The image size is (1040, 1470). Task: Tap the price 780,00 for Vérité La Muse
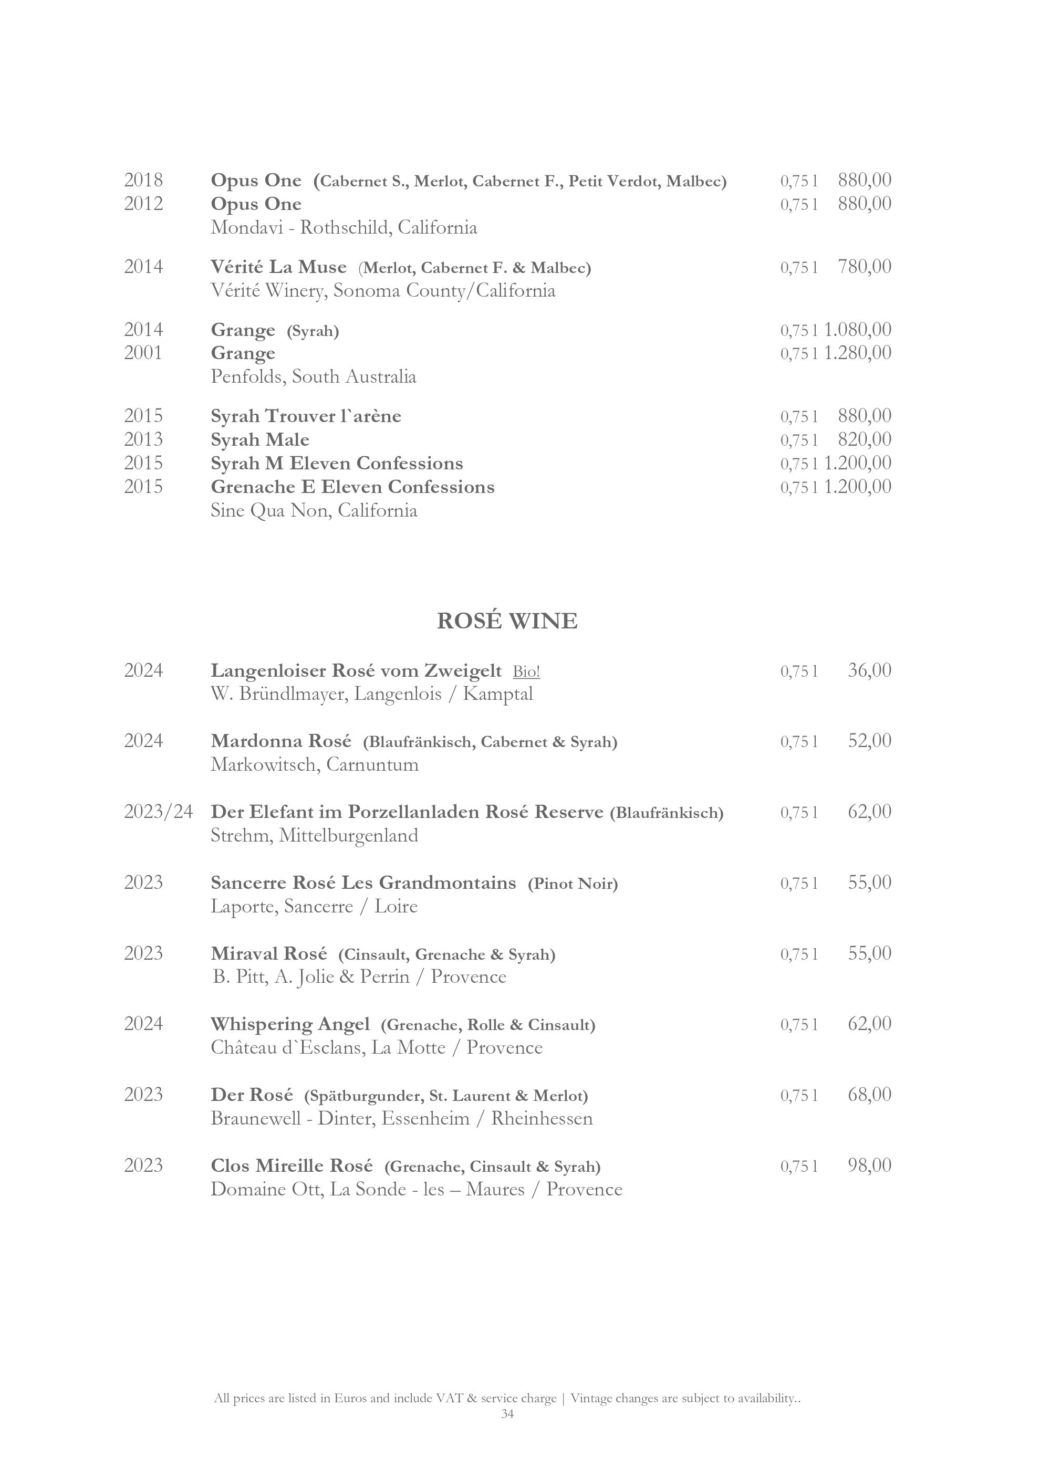coord(864,266)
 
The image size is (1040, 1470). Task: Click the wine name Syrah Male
coord(260,440)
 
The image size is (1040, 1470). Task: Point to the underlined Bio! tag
coord(526,671)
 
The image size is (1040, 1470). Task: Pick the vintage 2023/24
coord(158,812)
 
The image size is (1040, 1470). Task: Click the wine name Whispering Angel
coord(290,1024)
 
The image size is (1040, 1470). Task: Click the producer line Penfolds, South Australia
coord(313,376)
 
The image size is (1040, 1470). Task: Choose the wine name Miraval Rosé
coord(269,953)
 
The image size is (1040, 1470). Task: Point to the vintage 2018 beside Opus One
coord(143,180)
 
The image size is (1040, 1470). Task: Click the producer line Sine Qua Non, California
coord(314,511)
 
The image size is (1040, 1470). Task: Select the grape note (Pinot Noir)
coord(573,884)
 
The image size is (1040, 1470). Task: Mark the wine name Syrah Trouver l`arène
coord(306,416)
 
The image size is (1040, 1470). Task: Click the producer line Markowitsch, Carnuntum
coord(315,764)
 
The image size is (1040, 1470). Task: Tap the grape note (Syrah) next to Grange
coord(313,331)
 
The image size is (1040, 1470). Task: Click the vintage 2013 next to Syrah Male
coord(143,439)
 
